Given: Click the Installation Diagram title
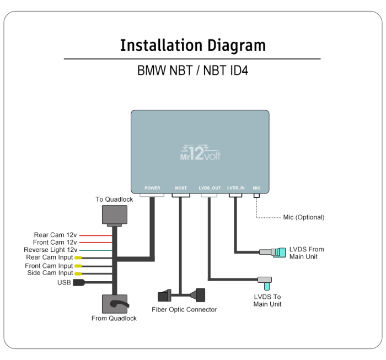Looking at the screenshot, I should coord(192,45).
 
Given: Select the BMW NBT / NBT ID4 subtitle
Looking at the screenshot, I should coord(192,72).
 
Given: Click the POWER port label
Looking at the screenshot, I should coord(152,188).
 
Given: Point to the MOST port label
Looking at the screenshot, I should coord(181,188).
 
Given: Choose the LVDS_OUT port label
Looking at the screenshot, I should coord(210,188).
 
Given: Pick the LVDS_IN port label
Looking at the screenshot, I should coord(235,188).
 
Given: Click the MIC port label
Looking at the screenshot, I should coord(256,188).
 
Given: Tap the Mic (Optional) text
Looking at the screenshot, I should coord(303,217).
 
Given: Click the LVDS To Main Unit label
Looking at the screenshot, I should coord(268,300).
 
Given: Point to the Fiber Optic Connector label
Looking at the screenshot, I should coord(184,310).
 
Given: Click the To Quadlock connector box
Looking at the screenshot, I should coord(114,215).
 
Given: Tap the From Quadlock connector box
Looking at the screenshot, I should coord(114,304).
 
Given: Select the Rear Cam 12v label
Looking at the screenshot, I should coord(56,235).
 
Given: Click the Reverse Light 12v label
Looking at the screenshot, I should coord(50,250).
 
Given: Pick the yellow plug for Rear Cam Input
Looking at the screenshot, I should coord(78,257).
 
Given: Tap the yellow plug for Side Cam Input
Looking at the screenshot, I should coord(78,273).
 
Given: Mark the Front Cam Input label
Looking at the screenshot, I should coord(49,266).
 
